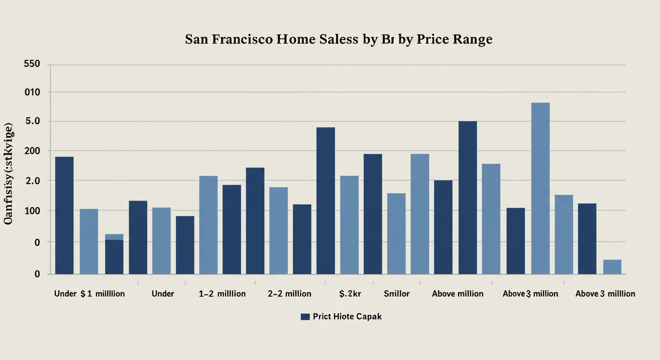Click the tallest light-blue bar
point(540,187)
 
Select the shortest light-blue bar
point(612,267)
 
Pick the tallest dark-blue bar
point(467,197)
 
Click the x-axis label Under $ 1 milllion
point(90,294)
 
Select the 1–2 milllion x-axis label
point(222,294)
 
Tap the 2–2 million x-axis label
point(289,294)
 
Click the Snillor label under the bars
point(397,294)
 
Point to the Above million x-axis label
point(457,294)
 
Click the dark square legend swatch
point(305,317)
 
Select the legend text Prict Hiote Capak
point(347,316)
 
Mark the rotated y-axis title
point(9,174)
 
